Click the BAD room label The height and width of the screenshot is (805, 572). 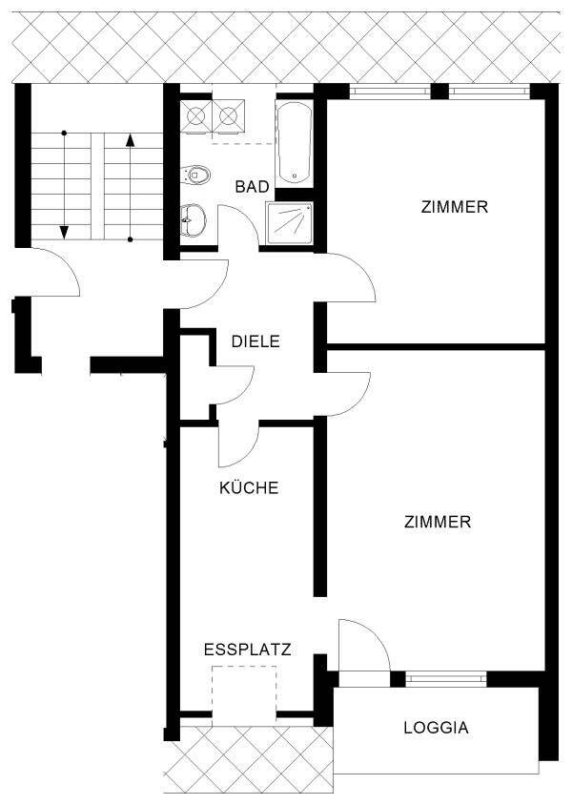click(252, 186)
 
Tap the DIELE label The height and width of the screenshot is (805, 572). click(255, 341)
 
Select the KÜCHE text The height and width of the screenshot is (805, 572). click(249, 487)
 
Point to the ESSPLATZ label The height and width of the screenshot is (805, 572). click(247, 650)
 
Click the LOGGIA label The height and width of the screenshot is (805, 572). click(436, 728)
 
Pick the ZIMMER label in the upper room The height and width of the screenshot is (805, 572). click(454, 207)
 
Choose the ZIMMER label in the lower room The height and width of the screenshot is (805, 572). click(437, 522)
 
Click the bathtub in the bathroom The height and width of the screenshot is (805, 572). click(294, 143)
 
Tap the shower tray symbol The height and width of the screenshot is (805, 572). click(289, 223)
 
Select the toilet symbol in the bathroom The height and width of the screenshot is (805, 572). click(196, 175)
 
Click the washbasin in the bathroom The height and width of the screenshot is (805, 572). click(193, 220)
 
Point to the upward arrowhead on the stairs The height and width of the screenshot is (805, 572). click(131, 139)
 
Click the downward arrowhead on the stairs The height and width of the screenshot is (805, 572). click(64, 233)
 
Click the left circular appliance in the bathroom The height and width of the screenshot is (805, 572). click(196, 116)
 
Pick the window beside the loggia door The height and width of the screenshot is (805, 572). click(446, 679)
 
